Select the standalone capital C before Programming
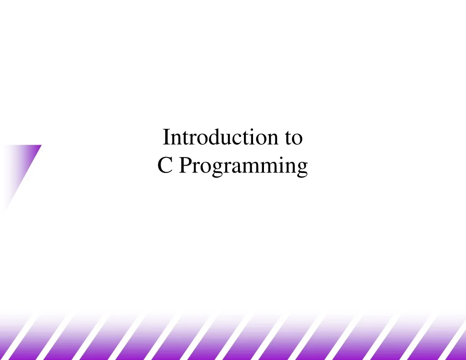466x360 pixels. (x=164, y=166)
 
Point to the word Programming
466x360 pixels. (x=243, y=167)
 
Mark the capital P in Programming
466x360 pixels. (x=183, y=166)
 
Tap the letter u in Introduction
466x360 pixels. (x=221, y=138)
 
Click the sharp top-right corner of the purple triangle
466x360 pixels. (x=41, y=146)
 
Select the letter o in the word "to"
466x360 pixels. (x=297, y=138)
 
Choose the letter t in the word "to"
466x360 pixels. (x=289, y=137)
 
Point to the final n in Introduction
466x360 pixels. (x=266, y=138)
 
